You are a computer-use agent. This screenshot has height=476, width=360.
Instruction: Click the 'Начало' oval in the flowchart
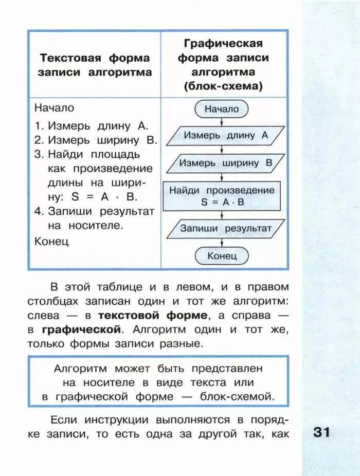coord(222,109)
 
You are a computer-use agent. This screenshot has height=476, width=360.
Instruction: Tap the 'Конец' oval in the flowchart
coord(222,255)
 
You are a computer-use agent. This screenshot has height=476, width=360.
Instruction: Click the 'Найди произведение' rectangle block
coord(222,196)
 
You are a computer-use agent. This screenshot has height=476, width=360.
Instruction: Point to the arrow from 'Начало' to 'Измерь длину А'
coord(222,122)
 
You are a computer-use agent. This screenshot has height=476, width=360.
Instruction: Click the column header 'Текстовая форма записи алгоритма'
coord(95,65)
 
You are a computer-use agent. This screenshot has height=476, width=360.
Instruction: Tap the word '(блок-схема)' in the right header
coord(223,86)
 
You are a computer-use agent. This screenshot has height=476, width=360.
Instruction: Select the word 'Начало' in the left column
coord(54,108)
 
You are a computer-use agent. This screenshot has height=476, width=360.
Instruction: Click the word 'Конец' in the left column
coord(51,241)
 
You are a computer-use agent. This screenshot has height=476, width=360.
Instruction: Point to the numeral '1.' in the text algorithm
coord(39,125)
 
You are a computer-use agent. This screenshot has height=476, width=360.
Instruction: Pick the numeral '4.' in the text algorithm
coord(40,211)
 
